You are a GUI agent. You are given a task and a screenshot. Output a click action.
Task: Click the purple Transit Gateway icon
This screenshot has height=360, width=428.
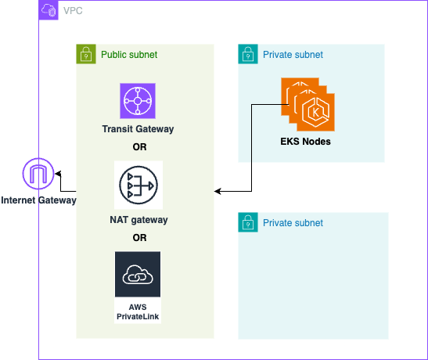click(139, 102)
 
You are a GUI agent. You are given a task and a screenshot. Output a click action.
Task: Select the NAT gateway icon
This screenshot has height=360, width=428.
click(138, 185)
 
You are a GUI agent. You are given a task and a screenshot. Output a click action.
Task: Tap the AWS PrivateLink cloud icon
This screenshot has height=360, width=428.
click(138, 275)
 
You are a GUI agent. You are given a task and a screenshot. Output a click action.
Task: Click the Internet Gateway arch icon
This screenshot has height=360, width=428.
click(38, 174)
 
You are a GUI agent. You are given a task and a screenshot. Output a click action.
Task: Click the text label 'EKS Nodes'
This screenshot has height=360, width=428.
click(305, 142)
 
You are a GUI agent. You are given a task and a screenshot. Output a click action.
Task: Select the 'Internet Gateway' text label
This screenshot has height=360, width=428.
click(38, 200)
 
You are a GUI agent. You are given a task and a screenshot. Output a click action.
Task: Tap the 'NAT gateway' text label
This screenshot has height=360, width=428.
click(138, 220)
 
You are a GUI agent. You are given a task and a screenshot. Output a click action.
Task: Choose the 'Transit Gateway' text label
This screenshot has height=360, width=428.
click(138, 128)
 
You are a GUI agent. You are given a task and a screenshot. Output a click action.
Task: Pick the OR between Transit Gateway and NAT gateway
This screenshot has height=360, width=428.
click(139, 146)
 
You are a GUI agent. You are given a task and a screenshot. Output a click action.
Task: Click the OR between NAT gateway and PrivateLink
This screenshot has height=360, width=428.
click(139, 238)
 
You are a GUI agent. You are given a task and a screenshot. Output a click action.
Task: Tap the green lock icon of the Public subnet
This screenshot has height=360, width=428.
click(85, 54)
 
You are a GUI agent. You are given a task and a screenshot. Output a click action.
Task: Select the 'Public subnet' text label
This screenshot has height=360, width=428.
click(129, 55)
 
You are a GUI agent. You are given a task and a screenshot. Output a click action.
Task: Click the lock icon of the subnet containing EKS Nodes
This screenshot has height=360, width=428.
click(247, 54)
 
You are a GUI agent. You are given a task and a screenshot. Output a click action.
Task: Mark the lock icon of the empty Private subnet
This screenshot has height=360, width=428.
click(247, 222)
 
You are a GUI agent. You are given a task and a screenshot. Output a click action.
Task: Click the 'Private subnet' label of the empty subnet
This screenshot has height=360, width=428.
click(293, 223)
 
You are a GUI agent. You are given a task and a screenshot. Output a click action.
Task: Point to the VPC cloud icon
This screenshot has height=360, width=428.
click(49, 11)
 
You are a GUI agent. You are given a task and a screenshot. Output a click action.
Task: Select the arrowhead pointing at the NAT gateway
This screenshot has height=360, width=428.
click(218, 190)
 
